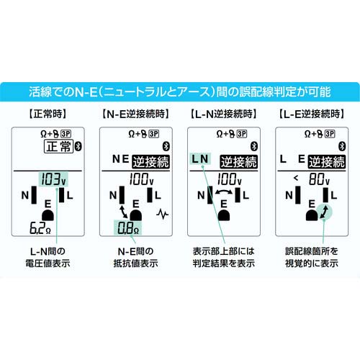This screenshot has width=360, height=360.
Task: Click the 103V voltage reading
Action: point(53,179)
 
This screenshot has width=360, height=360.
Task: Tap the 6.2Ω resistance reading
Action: point(40,228)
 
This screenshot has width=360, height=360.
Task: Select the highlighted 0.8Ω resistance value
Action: point(128,228)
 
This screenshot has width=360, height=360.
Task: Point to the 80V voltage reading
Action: point(319,179)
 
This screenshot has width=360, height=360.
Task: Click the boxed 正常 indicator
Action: point(58,146)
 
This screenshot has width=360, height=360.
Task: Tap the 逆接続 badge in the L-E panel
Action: point(327,162)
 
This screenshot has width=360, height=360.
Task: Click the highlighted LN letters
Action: point(200,158)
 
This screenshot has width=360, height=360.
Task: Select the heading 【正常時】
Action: point(48,114)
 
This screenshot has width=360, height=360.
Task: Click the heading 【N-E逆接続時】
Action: point(136,114)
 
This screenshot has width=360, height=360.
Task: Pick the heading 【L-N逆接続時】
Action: point(224,114)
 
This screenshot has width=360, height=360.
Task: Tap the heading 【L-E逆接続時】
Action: point(312,114)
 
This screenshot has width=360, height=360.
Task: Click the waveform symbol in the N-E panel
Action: point(162,214)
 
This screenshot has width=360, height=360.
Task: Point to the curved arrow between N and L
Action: point(224,192)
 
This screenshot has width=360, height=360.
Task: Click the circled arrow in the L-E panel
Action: point(324,212)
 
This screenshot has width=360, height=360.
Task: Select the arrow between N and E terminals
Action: point(123,212)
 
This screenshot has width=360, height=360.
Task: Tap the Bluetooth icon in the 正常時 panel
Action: point(78,146)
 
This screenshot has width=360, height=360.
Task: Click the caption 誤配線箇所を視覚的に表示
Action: point(312,257)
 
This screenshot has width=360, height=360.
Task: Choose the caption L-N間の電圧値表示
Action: point(48,257)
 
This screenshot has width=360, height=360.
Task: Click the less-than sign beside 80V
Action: point(296,178)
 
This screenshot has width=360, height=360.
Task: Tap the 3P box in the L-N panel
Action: point(242,134)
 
